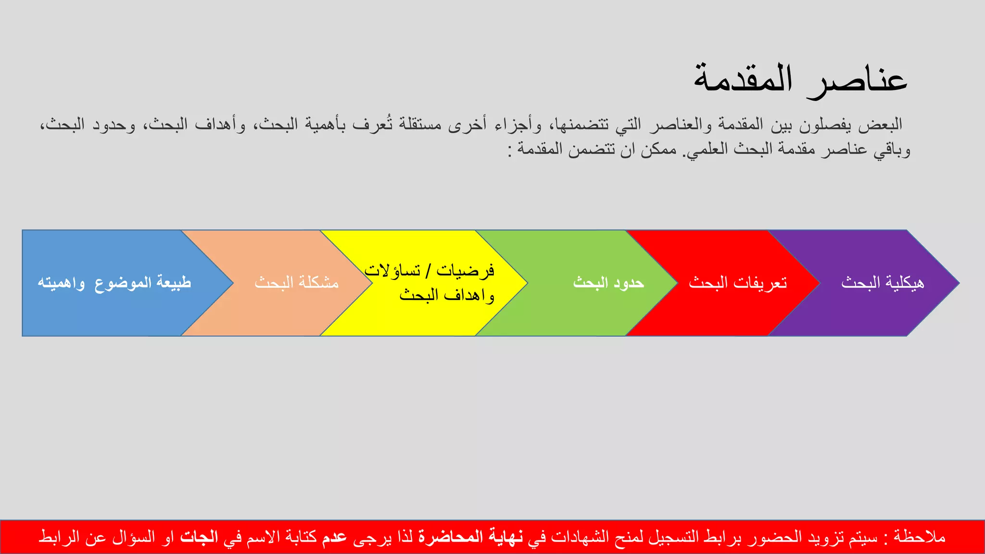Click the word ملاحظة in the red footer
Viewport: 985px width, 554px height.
pyautogui.click(x=920, y=537)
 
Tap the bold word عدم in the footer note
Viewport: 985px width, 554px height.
pyautogui.click(x=334, y=537)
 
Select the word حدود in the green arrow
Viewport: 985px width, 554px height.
pyautogui.click(x=629, y=283)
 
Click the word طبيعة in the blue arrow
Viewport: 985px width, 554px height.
pyautogui.click(x=174, y=283)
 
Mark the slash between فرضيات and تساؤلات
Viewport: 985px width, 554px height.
pyautogui.click(x=428, y=271)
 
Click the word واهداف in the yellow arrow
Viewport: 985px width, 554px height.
pyautogui.click(x=469, y=295)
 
